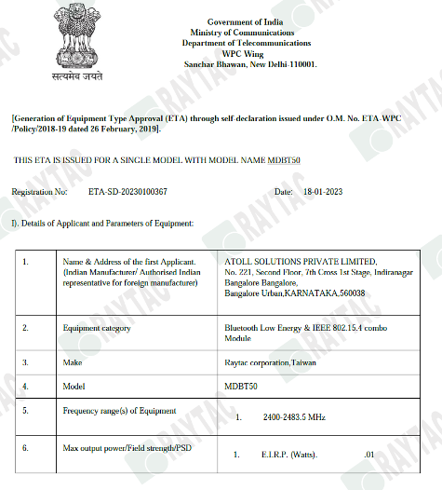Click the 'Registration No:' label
[x=39, y=191]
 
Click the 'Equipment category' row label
[x=96, y=328]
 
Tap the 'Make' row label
[x=71, y=359]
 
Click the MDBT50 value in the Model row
[x=240, y=384]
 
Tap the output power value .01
[x=368, y=456]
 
